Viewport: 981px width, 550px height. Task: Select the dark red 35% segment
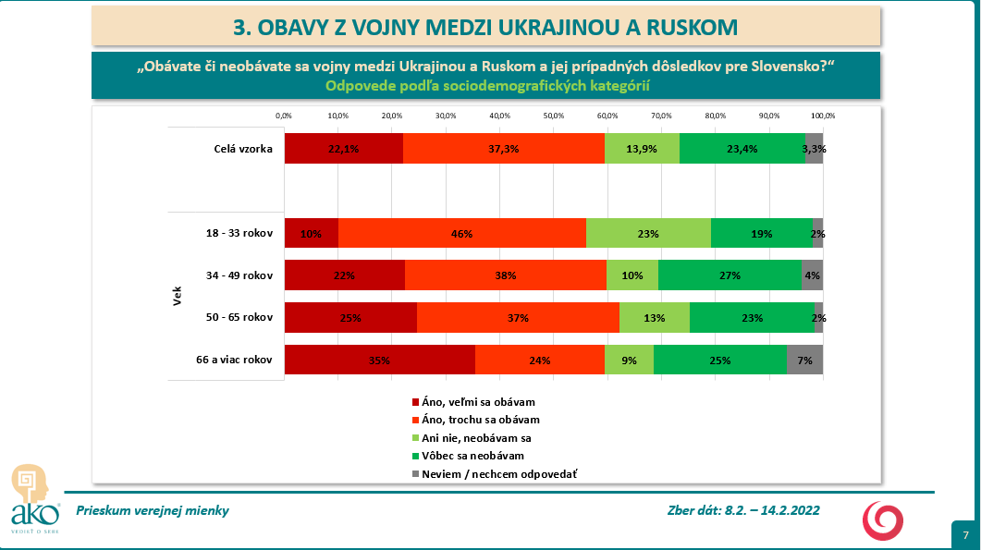tap(379, 361)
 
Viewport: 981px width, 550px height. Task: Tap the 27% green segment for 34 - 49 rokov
tap(730, 275)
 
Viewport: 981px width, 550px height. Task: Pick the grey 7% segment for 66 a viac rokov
tap(804, 361)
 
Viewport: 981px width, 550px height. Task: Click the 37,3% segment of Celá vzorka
tap(503, 149)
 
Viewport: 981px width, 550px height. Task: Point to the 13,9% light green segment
tap(642, 149)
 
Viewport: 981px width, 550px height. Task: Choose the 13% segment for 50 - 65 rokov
tap(654, 318)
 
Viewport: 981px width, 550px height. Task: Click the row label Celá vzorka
tap(242, 149)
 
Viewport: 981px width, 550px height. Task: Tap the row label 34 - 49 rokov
tap(239, 275)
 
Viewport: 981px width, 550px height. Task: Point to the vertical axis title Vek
tap(177, 298)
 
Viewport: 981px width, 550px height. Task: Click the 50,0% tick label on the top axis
tap(553, 116)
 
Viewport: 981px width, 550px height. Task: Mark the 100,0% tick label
tap(822, 116)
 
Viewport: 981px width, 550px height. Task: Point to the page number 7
tap(965, 535)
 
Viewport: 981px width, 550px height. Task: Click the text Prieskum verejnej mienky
tap(153, 510)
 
